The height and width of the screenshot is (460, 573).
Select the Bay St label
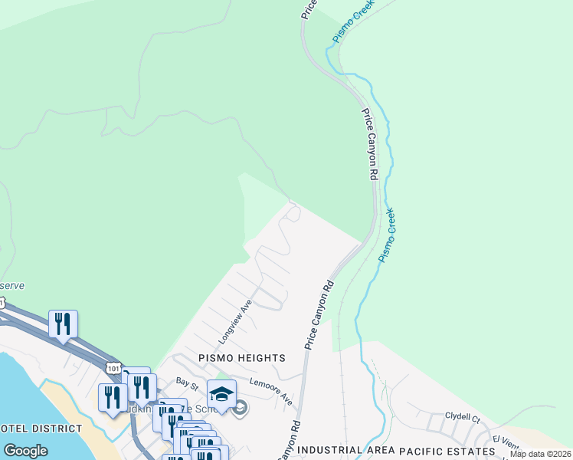(187, 380)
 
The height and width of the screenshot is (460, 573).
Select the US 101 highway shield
(113, 368)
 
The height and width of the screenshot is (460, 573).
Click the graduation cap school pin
(222, 394)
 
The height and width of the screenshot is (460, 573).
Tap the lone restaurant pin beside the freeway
(63, 324)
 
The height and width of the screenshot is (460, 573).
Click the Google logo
(25, 450)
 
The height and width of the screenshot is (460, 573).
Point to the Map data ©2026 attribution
(540, 454)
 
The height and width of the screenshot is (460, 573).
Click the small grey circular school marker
(240, 408)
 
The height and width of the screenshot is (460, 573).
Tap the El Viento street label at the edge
(506, 439)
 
